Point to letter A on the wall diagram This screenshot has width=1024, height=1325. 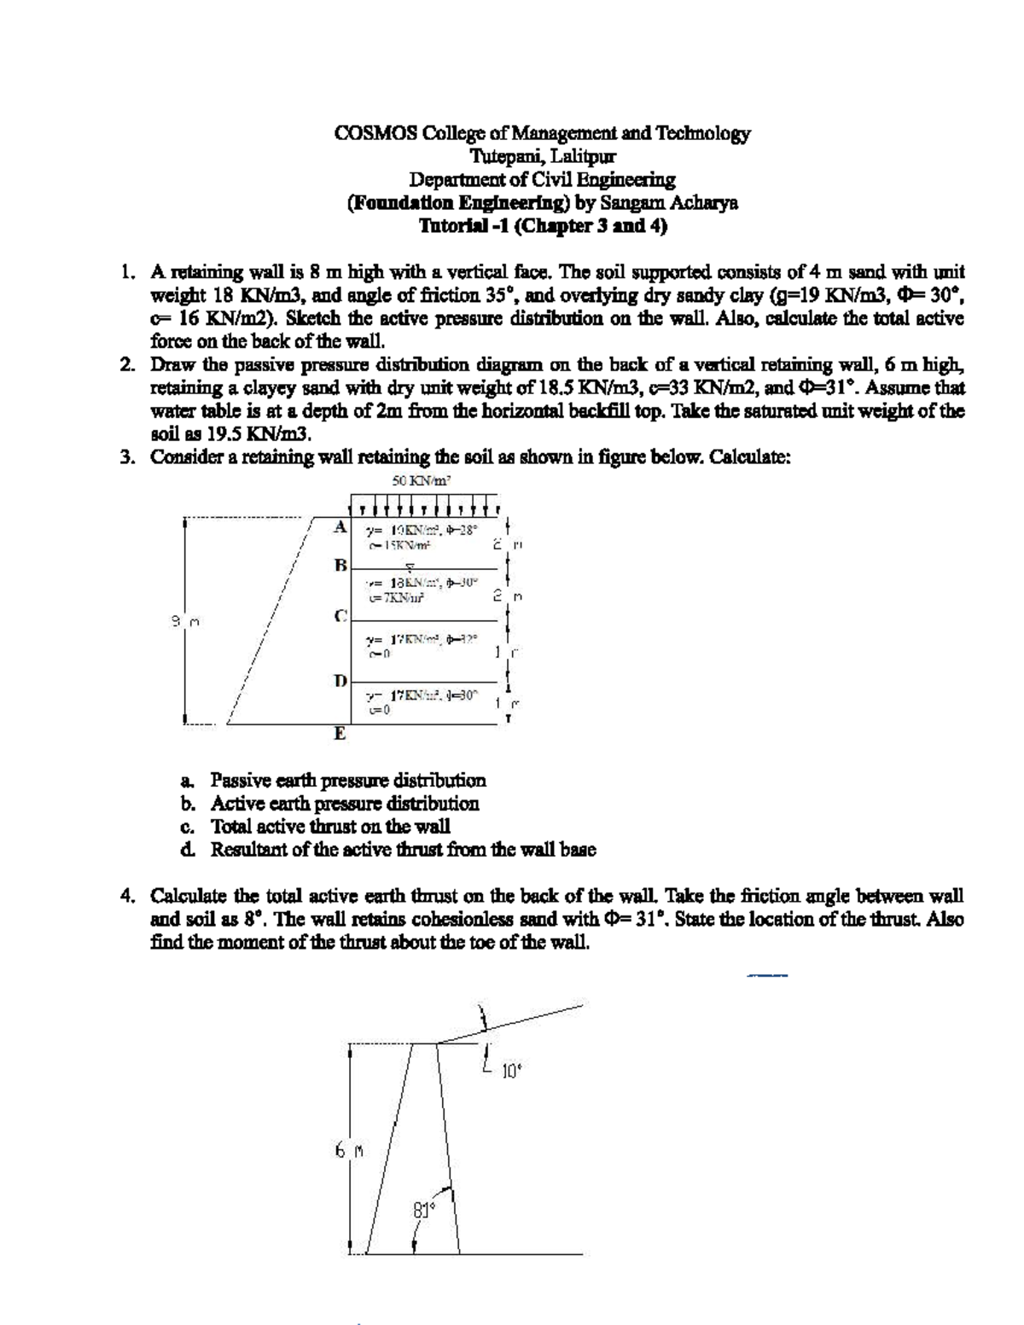(340, 527)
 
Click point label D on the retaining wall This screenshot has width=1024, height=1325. (340, 680)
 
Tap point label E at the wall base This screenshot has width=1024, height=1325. (340, 734)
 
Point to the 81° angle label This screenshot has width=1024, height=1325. (424, 1209)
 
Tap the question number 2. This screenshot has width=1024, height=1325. (126, 365)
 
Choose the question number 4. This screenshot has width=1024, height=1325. (126, 897)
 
